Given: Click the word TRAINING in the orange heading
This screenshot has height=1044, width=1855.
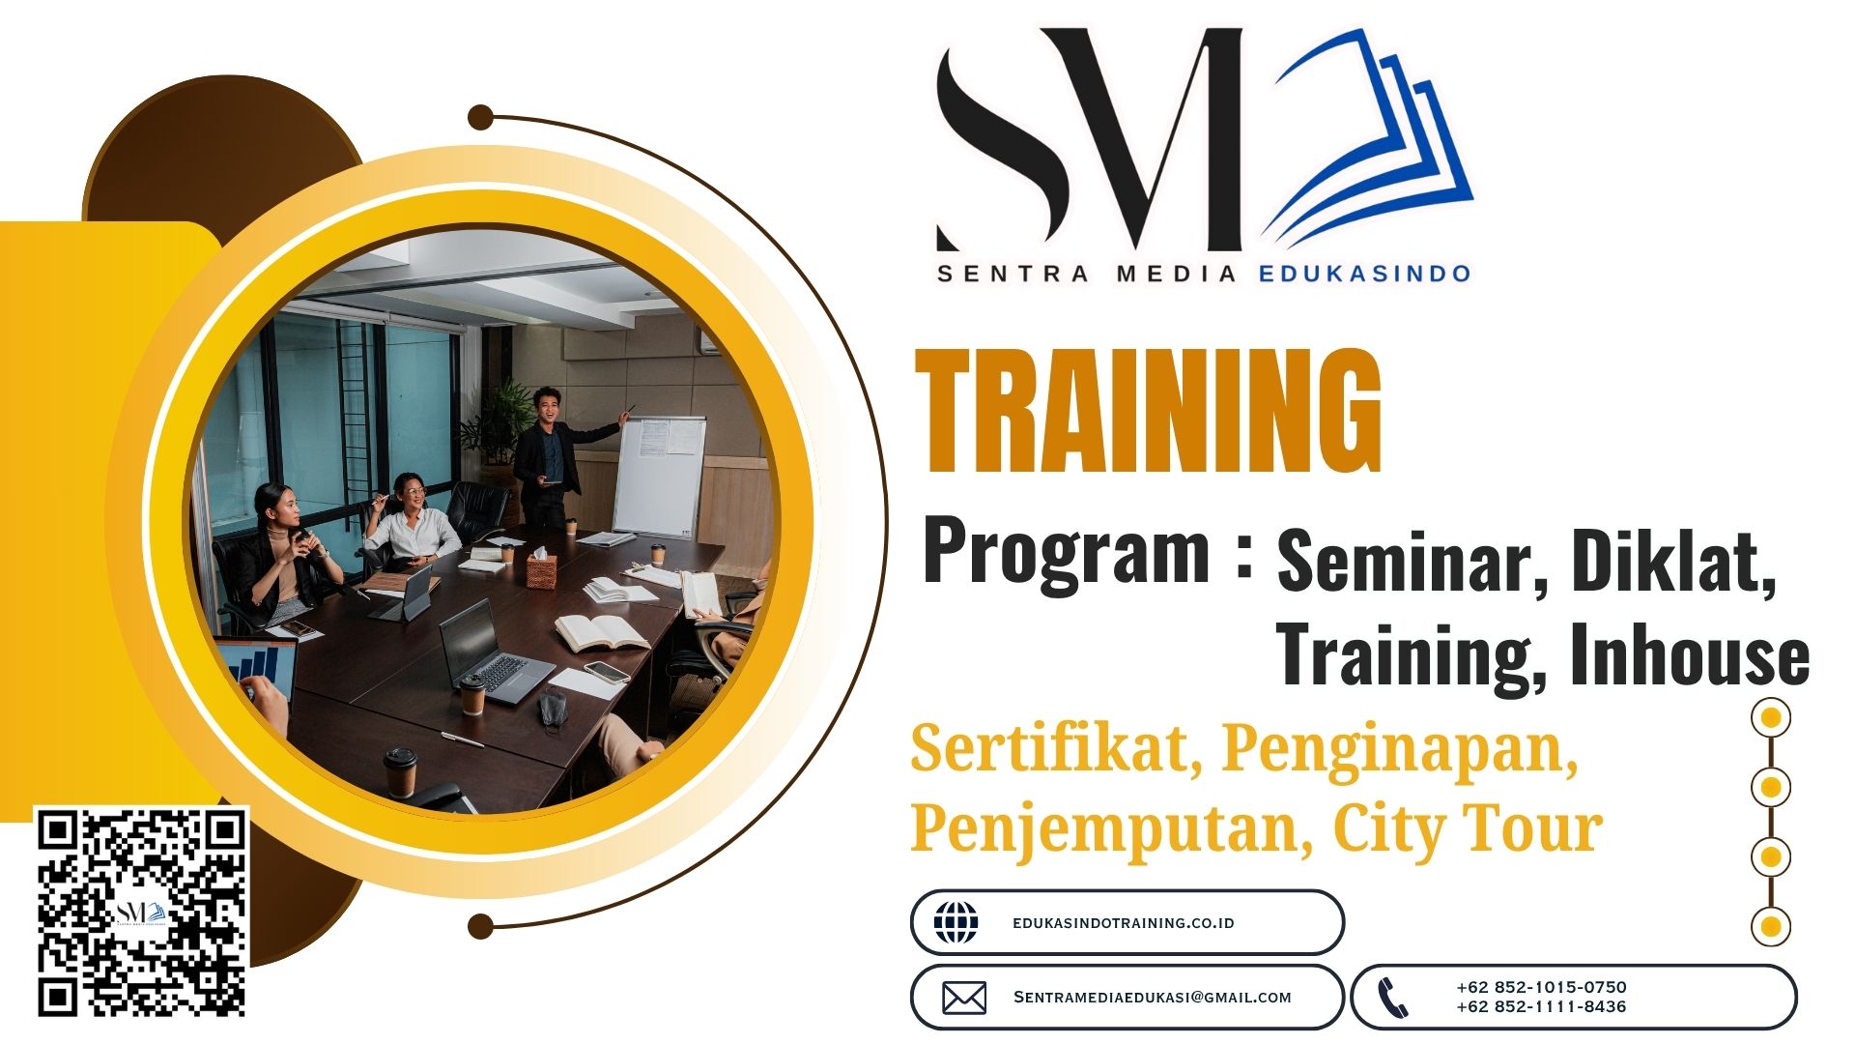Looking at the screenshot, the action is [x=1148, y=412].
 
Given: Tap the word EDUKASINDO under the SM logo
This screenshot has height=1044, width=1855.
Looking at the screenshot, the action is [x=1364, y=274].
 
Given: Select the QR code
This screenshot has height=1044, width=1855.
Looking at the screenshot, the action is [x=143, y=913].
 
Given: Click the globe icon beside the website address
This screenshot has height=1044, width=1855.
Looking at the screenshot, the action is [x=956, y=922].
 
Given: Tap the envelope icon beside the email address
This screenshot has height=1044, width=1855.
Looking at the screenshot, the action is [x=964, y=998].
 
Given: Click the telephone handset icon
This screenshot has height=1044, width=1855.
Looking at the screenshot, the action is [x=1392, y=998].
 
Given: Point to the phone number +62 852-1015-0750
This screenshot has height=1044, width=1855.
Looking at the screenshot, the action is [x=1541, y=987].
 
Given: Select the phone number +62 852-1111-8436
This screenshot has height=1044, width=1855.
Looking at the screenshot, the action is [x=1541, y=1006].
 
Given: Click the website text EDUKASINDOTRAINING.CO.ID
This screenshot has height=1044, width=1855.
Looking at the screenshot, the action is [x=1124, y=923].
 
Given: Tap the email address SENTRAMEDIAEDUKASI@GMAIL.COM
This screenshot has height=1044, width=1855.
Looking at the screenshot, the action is [x=1153, y=998].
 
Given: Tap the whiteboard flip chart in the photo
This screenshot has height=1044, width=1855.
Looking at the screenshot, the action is [x=661, y=476].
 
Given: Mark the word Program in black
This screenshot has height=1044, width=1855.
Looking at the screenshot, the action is [x=1067, y=552].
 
